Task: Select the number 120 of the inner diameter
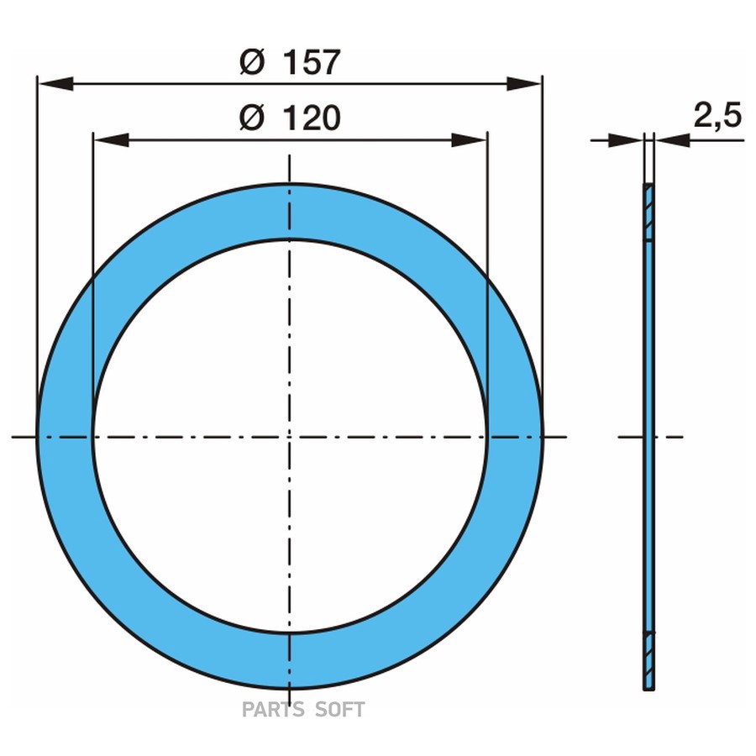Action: (310, 119)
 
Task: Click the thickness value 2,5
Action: (717, 116)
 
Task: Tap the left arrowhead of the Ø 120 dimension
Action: (109, 140)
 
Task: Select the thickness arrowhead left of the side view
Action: (627, 140)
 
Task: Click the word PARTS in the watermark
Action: (274, 710)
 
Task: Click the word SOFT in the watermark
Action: (340, 710)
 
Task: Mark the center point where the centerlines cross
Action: (290, 437)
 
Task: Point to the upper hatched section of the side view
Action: (649, 213)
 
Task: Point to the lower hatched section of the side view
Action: (649, 660)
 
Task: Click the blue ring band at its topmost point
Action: (290, 212)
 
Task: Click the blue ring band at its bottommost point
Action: (290, 661)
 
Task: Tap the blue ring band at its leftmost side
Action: (65, 437)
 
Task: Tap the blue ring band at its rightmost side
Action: (515, 437)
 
